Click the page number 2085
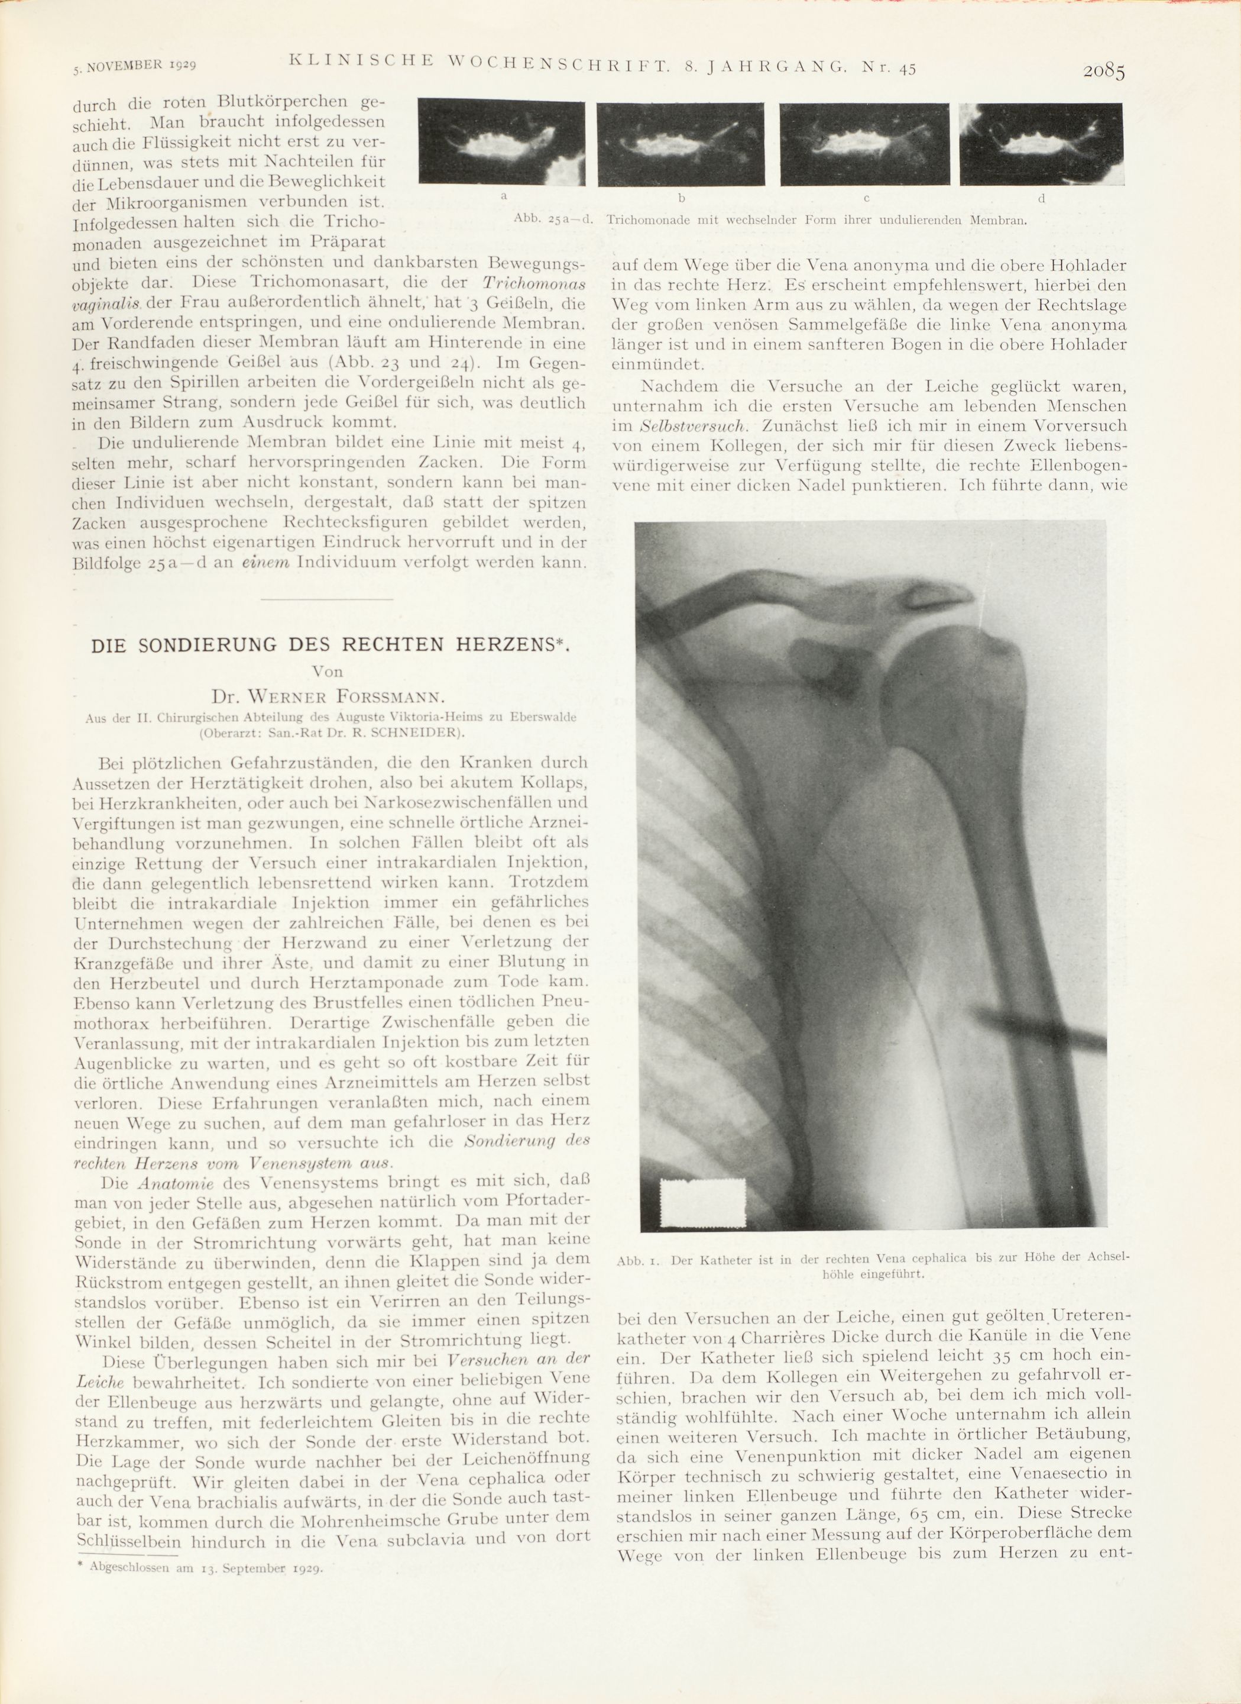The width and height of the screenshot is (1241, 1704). [x=1103, y=72]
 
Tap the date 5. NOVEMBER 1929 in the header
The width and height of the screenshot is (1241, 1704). [x=135, y=66]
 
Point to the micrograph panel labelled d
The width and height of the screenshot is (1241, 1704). [x=1042, y=144]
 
